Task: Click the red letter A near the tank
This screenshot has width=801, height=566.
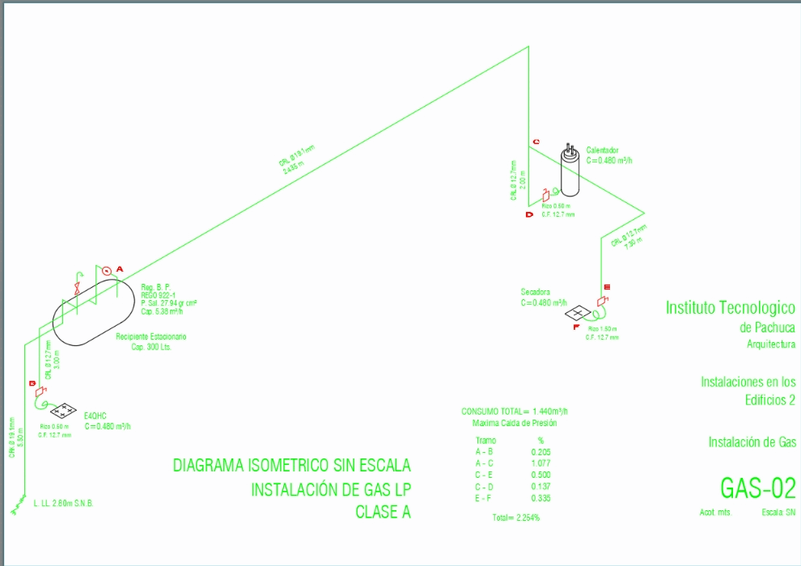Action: click(x=119, y=268)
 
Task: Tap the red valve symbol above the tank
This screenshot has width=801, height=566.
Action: click(x=75, y=288)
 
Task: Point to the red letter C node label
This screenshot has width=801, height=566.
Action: click(x=535, y=142)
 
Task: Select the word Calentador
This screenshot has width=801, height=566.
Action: click(x=602, y=150)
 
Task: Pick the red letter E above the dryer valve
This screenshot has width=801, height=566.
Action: click(x=606, y=287)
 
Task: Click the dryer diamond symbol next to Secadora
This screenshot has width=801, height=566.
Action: click(x=578, y=313)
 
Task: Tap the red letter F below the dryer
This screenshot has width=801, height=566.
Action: click(x=575, y=327)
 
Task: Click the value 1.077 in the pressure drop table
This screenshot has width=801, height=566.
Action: click(x=540, y=463)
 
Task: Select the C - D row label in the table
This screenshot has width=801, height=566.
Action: click(x=485, y=487)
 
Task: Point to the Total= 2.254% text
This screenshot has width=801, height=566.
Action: click(x=516, y=517)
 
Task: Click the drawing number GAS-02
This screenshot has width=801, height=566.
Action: click(x=758, y=488)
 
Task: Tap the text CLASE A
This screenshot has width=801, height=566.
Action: click(x=383, y=511)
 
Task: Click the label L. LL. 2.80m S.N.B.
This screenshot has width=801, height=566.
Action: click(x=63, y=504)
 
